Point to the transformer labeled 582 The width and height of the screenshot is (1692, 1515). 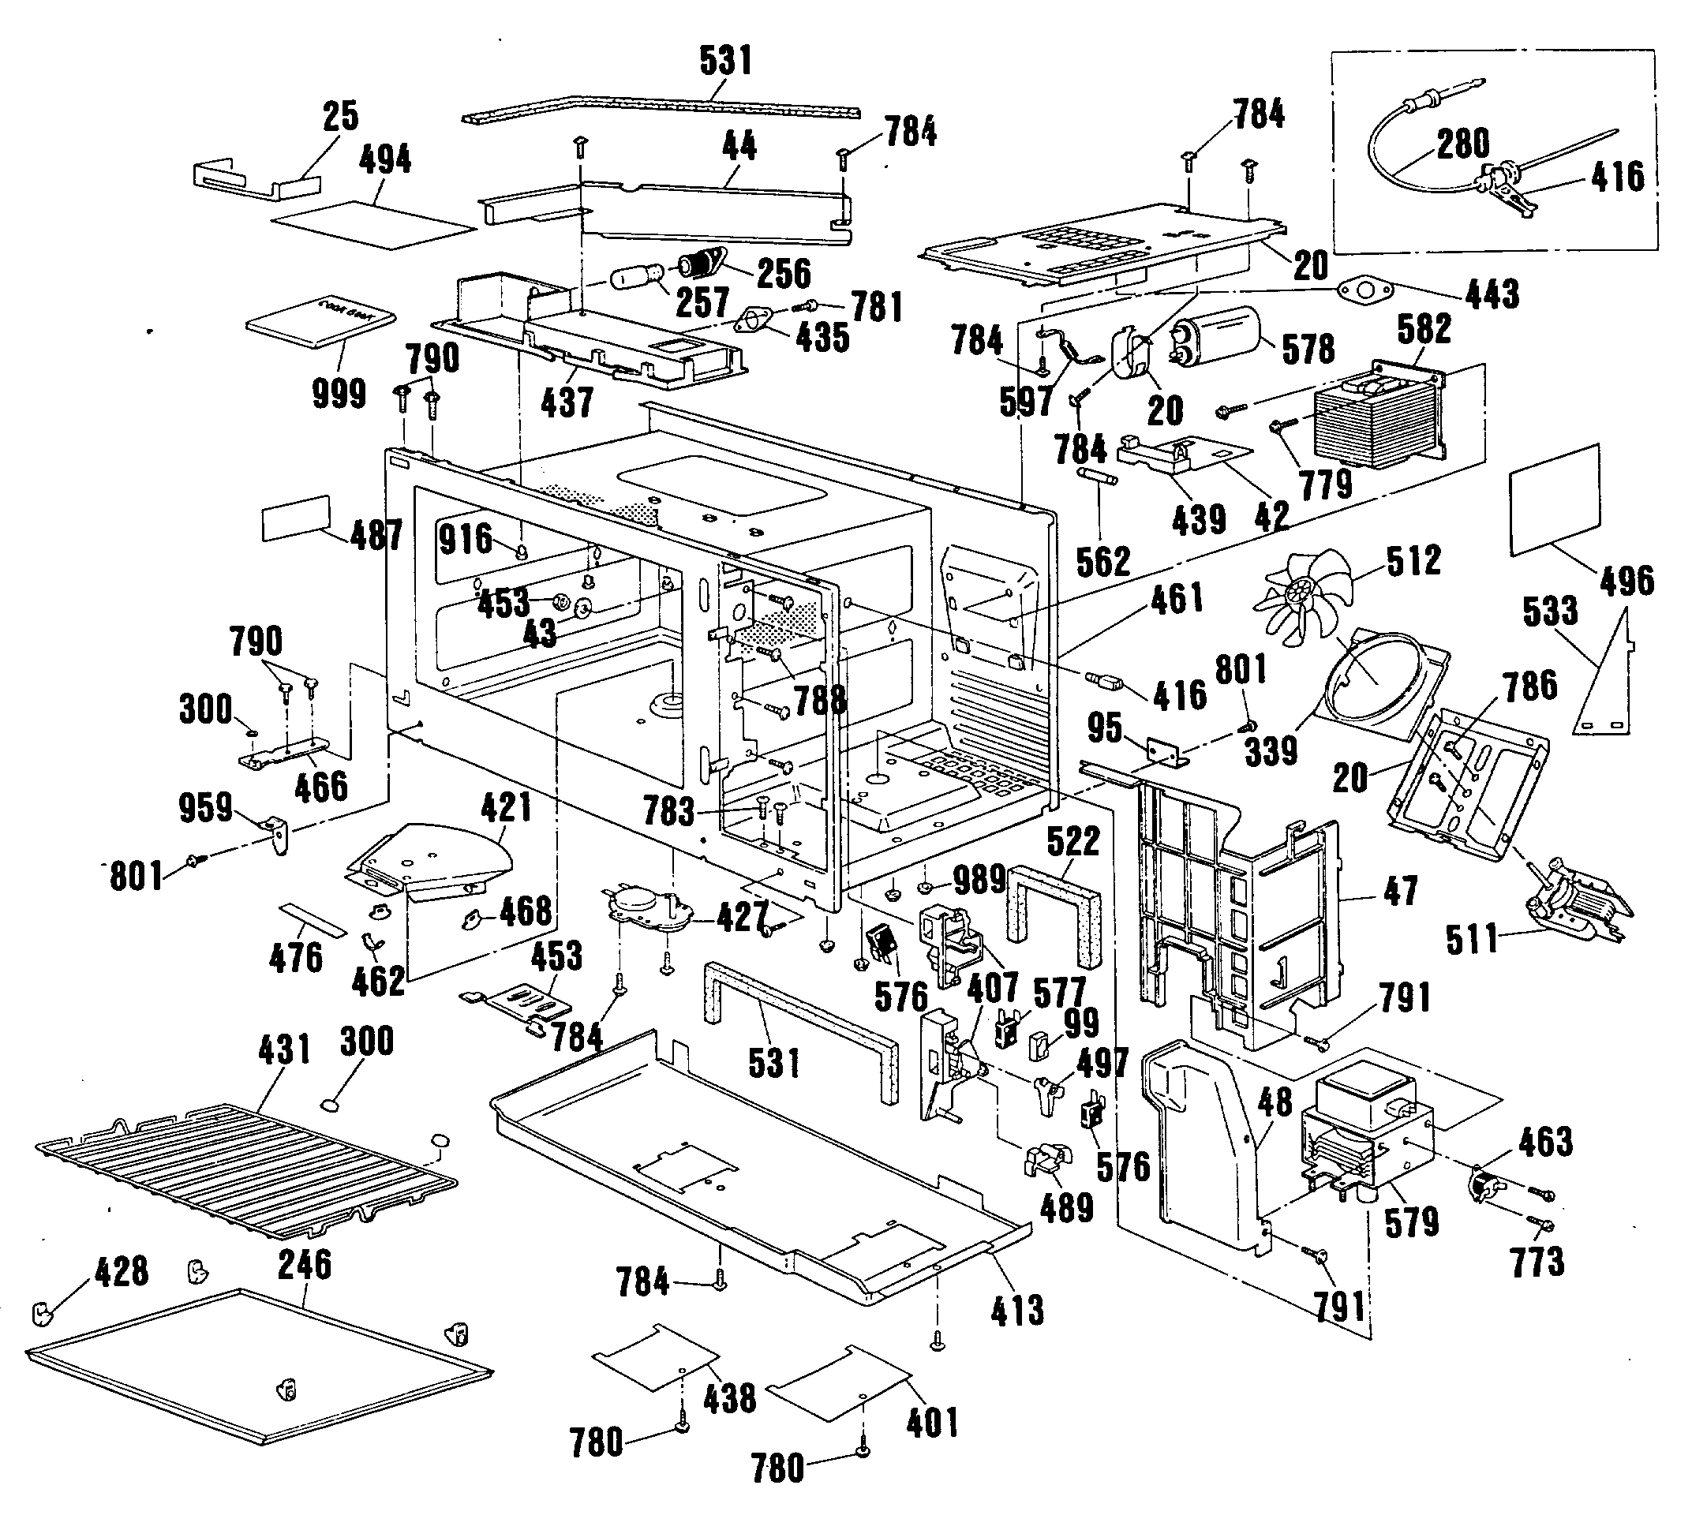click(1378, 416)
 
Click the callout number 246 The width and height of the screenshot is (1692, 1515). click(305, 1263)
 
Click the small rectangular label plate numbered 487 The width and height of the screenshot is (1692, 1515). click(297, 518)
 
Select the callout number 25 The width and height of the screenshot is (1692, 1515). click(341, 116)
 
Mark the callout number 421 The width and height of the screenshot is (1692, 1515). click(505, 806)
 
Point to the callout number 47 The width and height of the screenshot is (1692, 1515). click(1400, 892)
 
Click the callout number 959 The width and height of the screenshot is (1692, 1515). click(206, 807)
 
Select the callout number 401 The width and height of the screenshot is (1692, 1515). click(933, 1423)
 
